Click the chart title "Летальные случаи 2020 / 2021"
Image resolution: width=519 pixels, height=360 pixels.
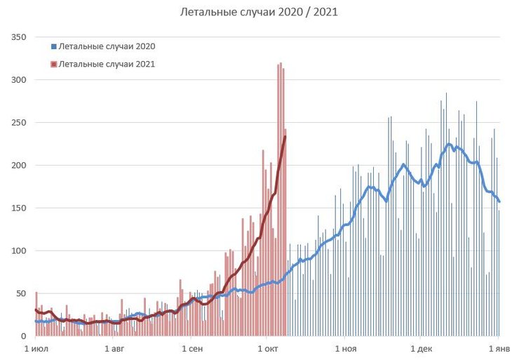[x=259, y=13]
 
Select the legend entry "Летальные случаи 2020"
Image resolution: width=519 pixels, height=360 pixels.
[x=107, y=46]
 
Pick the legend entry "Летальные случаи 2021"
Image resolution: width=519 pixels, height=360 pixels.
[x=107, y=64]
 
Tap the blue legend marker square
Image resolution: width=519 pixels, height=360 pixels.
[x=53, y=46]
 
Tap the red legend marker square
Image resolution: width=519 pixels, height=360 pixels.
[x=53, y=64]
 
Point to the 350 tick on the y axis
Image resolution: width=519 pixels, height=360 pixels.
[x=18, y=36]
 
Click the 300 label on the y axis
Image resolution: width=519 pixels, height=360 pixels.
[x=18, y=79]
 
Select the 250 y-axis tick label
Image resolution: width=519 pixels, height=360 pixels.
[x=18, y=122]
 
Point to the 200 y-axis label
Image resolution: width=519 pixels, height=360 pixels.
[x=18, y=165]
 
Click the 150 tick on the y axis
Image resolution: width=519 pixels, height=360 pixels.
[x=18, y=208]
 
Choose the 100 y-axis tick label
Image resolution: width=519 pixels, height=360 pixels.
[x=18, y=251]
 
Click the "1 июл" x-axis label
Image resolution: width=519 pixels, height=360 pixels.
[x=36, y=348]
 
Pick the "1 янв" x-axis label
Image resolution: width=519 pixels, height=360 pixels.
[x=499, y=348]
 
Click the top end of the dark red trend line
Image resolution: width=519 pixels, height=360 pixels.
[x=285, y=136]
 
